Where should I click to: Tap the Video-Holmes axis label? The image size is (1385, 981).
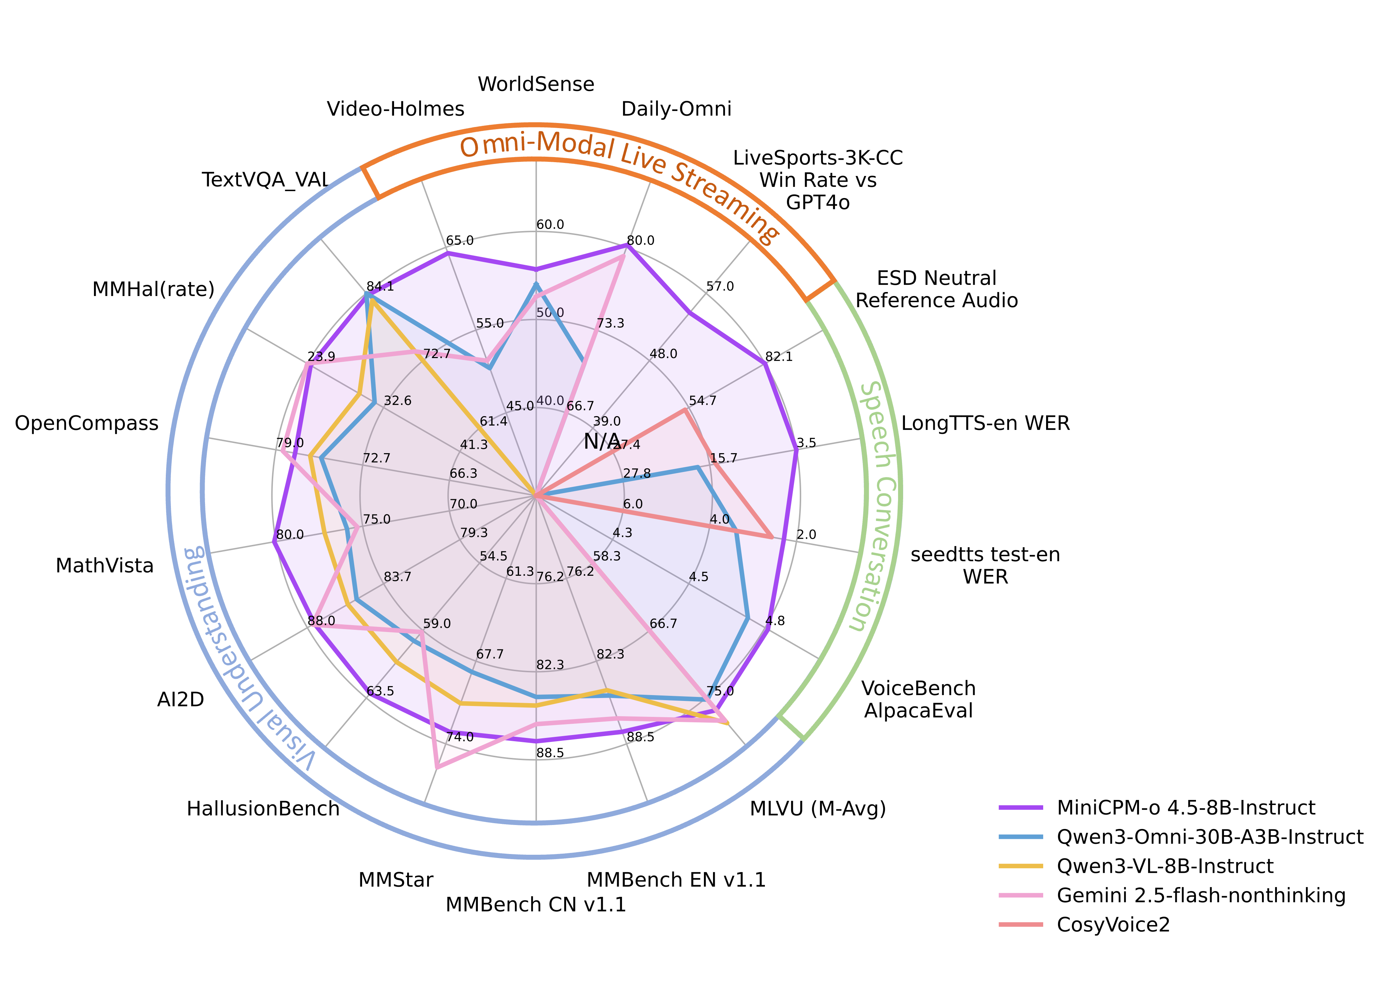point(396,109)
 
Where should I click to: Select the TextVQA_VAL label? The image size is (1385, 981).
point(266,180)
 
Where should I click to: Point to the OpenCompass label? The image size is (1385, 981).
point(86,423)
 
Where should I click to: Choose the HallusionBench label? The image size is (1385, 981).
point(263,808)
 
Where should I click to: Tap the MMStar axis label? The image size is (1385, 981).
point(396,880)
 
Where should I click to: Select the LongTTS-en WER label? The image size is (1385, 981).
point(985,423)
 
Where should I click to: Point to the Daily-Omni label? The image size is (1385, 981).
point(676,109)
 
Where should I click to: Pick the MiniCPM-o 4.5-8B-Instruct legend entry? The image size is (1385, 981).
point(1186,808)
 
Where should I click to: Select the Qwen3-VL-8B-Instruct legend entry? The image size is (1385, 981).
point(1165,866)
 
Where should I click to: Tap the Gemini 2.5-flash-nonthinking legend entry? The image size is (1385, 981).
point(1201,895)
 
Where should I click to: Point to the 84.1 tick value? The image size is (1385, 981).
point(380,286)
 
